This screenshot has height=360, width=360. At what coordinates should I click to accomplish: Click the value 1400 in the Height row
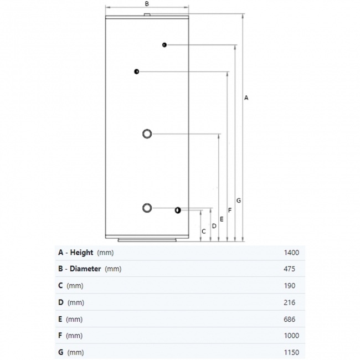click(291, 253)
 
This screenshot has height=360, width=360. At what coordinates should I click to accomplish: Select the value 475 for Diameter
click(289, 269)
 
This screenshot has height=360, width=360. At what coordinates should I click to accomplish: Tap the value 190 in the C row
click(289, 286)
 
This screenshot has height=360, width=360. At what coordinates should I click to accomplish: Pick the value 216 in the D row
click(289, 302)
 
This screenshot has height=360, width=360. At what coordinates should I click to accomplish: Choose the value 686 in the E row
click(289, 319)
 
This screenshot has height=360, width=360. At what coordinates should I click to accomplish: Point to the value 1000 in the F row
click(291, 336)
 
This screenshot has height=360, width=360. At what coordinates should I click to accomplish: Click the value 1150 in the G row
click(291, 352)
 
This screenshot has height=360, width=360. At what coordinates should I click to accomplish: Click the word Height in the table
click(81, 253)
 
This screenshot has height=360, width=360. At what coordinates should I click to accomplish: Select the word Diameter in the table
click(85, 269)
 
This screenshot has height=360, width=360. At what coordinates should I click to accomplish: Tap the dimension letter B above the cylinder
click(147, 4)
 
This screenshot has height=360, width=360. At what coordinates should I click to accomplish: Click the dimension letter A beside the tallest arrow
click(246, 98)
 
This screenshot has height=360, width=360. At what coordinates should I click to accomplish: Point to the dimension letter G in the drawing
click(239, 200)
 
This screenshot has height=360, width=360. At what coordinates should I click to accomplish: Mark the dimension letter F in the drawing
click(230, 210)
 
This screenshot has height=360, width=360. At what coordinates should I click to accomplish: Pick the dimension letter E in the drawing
click(222, 219)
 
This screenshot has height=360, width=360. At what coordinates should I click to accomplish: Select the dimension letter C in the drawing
click(204, 232)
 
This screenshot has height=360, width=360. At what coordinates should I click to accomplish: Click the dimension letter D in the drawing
click(214, 226)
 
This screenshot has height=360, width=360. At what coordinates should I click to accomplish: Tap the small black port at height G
click(164, 45)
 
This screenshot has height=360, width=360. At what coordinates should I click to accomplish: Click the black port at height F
click(137, 71)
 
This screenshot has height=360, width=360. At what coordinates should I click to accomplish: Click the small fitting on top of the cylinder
click(147, 15)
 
